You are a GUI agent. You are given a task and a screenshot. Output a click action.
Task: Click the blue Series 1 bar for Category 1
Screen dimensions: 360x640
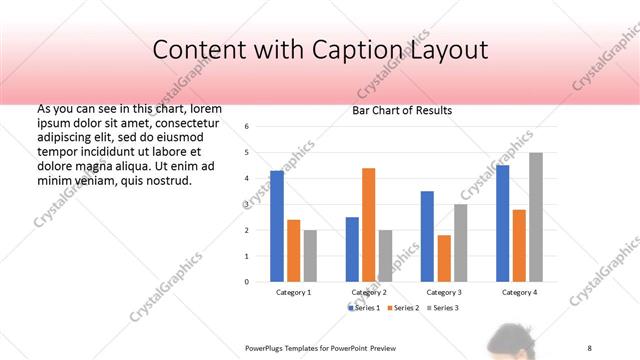[277, 226]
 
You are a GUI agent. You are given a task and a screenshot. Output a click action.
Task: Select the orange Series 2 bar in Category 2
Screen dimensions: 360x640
[368, 225]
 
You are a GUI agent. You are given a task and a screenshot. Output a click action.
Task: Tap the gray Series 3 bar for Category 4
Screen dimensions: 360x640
[535, 217]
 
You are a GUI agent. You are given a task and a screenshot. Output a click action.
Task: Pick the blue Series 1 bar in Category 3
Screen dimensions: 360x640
[427, 236]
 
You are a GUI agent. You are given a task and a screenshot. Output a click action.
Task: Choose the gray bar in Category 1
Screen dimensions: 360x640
[310, 256]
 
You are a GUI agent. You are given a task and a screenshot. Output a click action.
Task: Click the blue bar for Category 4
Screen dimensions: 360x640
[502, 223]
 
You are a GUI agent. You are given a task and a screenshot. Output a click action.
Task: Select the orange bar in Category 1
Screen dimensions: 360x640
[294, 251]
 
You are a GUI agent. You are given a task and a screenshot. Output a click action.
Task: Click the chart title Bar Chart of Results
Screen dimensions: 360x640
[402, 110]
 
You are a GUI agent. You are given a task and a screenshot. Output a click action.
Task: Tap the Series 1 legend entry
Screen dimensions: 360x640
[366, 307]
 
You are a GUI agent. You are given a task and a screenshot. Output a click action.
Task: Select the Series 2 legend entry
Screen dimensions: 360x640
[405, 307]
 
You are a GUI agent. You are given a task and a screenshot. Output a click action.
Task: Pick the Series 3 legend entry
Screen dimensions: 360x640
[444, 307]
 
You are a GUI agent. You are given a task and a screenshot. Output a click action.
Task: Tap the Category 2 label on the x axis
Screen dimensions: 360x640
[369, 292]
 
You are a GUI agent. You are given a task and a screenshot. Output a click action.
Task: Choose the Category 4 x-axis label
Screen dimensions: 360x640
[519, 292]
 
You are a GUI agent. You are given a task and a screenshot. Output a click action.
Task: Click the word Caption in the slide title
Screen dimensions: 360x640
[377, 50]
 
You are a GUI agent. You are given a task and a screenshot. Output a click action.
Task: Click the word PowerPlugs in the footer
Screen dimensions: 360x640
[266, 347]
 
